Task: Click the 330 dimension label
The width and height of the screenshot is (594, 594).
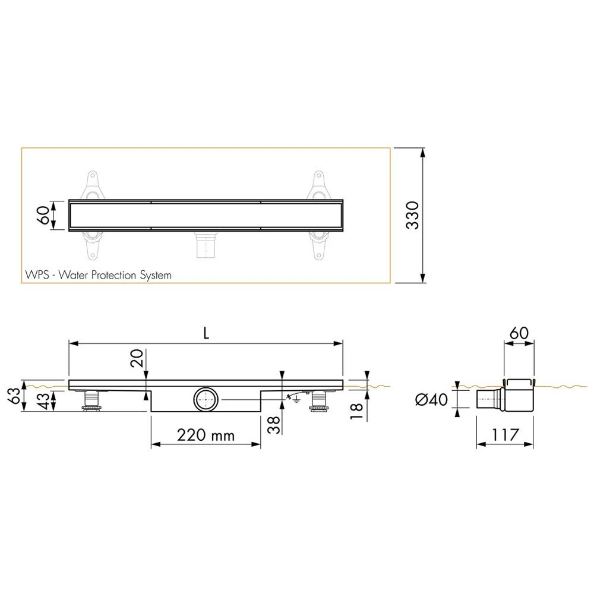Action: [413, 215]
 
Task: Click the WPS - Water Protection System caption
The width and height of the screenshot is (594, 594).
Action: [98, 274]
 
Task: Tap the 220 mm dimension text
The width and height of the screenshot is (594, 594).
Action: [206, 435]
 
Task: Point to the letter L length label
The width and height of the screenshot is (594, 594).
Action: [206, 333]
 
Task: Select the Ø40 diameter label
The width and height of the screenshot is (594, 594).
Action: [431, 400]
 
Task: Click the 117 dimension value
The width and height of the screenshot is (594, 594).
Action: [505, 435]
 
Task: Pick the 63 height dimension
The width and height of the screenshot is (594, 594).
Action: [14, 396]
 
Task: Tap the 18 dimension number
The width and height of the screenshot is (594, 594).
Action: [356, 411]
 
